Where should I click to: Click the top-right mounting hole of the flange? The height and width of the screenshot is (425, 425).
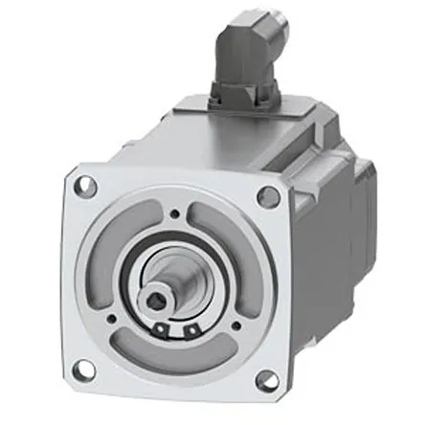pos(270,195)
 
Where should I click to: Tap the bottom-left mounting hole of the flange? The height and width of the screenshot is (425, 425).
pos(85,368)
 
